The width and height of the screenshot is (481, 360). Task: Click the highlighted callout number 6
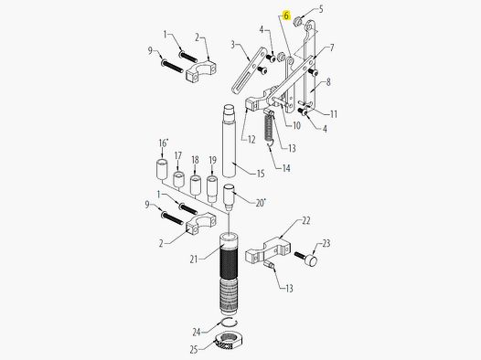pos(286,16)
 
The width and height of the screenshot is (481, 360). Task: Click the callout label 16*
pos(163,144)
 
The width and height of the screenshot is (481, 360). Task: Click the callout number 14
pos(286,168)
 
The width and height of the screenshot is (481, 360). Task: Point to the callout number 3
pos(234,43)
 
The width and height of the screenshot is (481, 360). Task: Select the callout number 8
pos(328,81)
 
